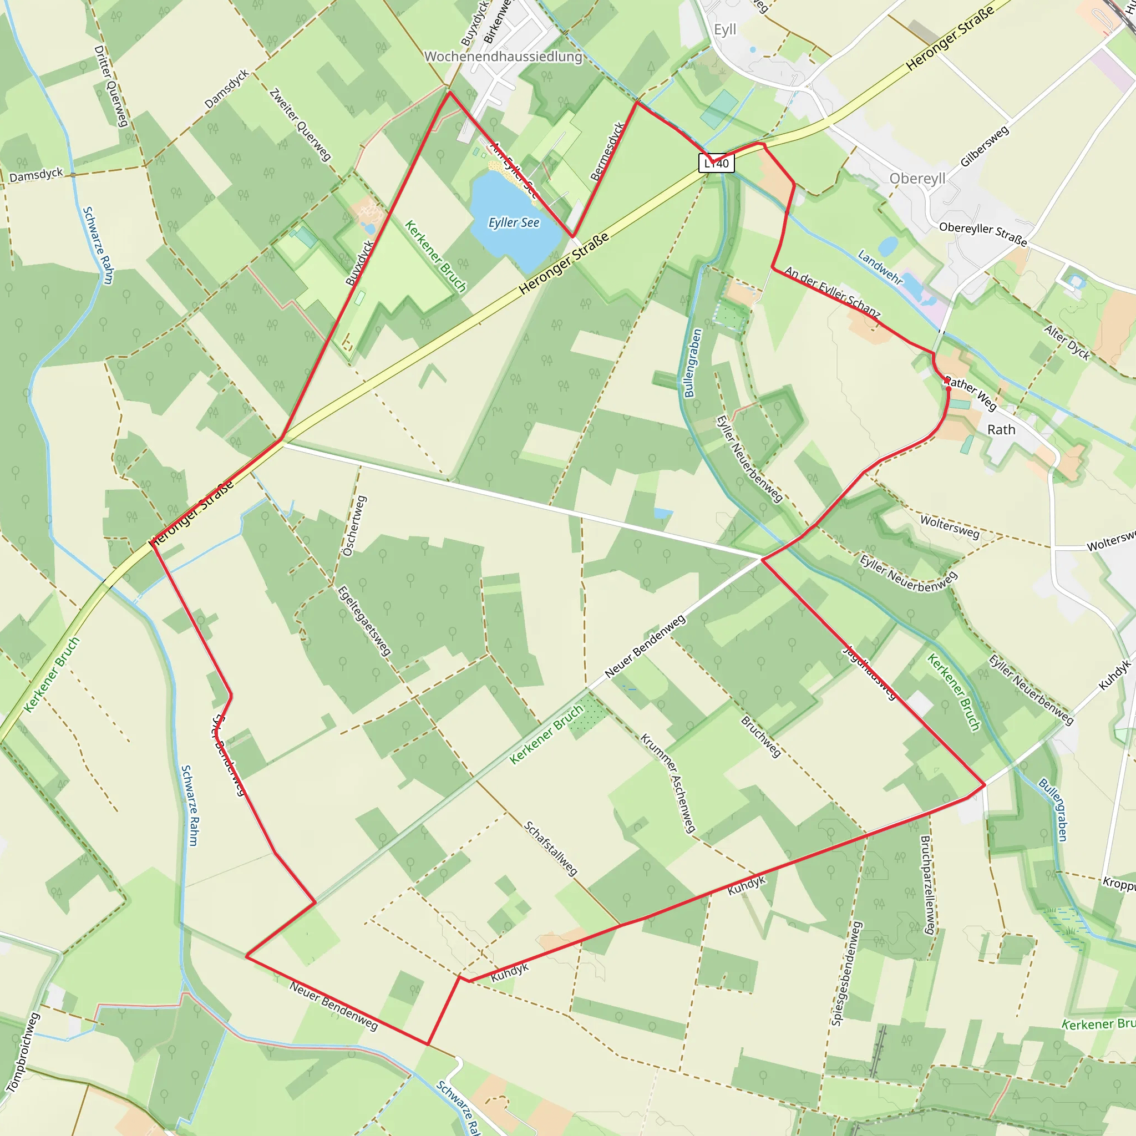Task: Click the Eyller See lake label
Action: pos(514,222)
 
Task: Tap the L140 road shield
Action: pos(717,164)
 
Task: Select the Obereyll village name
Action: pos(917,178)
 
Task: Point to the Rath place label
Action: pos(1001,430)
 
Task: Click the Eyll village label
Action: pos(724,29)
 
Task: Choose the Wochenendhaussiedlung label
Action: pos(503,57)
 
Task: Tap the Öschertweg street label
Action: pos(354,526)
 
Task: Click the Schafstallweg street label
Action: pos(550,849)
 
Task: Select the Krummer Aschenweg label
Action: pos(668,783)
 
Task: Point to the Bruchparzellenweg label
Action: pos(927,885)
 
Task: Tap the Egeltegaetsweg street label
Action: pos(364,621)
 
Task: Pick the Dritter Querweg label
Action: pos(110,86)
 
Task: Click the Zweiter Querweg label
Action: pos(300,125)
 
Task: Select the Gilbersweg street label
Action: pos(985,146)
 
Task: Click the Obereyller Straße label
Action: pos(982,234)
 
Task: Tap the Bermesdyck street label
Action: pos(607,151)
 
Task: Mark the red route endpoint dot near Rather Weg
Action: pos(948,389)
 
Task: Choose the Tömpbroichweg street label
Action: pos(23,1052)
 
